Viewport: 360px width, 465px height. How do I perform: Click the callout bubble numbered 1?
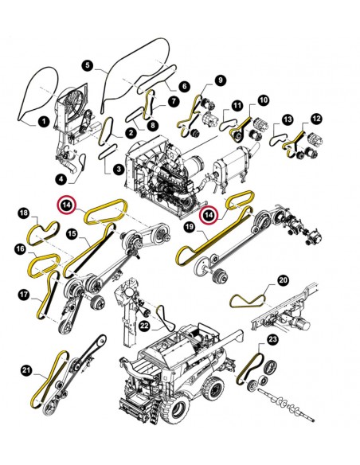tap(44, 121)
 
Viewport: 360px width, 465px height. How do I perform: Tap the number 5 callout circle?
tap(87, 65)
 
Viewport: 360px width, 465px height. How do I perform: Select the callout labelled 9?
tap(220, 80)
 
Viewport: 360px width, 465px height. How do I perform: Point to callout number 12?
tap(316, 119)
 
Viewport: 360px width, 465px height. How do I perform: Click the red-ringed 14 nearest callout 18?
tap(68, 205)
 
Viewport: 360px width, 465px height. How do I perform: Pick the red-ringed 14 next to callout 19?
tap(209, 215)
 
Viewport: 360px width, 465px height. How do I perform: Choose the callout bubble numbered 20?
tap(284, 280)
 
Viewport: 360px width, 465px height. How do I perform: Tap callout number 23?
tap(272, 339)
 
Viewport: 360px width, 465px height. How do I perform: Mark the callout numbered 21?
tap(26, 370)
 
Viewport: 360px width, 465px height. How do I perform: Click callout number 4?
tap(61, 179)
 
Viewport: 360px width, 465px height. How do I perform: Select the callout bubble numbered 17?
tap(24, 295)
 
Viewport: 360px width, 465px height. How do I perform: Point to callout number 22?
tap(145, 326)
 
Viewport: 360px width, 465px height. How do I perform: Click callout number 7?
tap(174, 101)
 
